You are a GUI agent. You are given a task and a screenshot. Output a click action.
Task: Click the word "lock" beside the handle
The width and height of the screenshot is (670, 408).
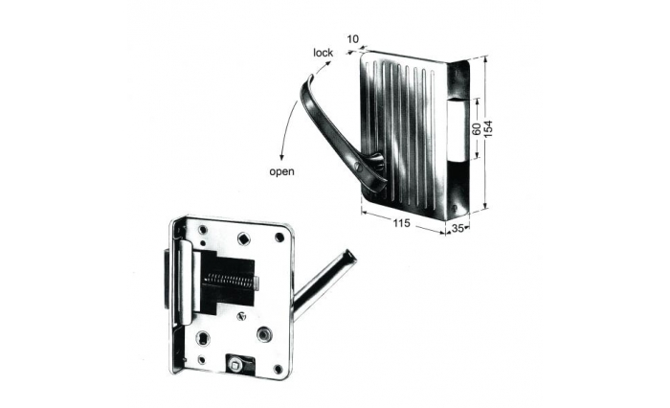click(323, 53)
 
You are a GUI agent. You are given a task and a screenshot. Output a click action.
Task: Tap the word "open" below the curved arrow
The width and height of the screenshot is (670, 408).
click(281, 171)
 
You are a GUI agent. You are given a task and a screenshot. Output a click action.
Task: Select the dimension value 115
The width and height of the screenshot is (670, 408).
click(401, 223)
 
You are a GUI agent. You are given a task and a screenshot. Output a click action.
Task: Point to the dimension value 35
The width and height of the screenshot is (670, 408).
click(458, 228)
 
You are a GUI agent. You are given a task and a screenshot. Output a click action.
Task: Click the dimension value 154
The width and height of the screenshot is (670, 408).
click(488, 128)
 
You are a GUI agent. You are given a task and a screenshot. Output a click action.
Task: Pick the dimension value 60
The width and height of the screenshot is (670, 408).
click(477, 128)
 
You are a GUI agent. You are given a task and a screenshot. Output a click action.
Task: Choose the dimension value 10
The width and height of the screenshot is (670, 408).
click(352, 39)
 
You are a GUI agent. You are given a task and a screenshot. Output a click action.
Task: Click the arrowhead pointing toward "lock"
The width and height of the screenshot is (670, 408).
click(328, 63)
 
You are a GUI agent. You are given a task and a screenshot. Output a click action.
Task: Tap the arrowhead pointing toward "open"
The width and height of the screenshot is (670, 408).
click(281, 158)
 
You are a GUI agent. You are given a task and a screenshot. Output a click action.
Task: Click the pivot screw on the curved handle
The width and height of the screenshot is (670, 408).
click(359, 168)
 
